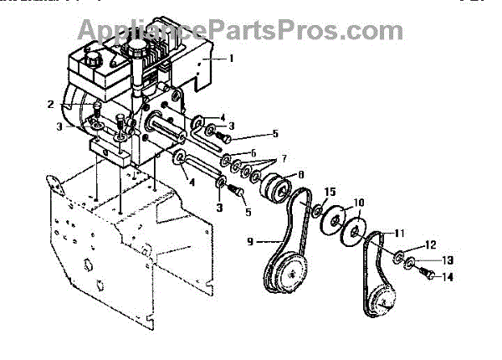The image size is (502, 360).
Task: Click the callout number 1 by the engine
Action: (x=232, y=59)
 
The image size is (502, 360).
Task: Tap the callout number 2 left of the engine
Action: (x=52, y=105)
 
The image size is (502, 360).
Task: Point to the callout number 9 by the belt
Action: (x=249, y=242)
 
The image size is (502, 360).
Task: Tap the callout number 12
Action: (x=430, y=244)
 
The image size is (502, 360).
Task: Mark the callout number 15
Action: (x=329, y=192)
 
